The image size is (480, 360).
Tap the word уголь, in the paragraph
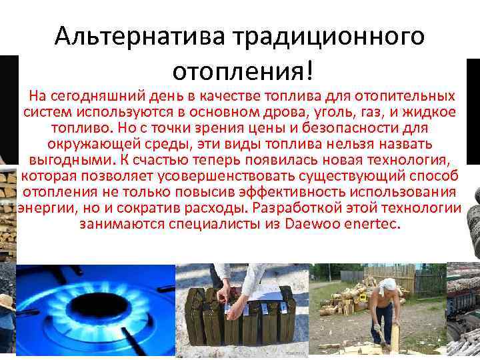[311, 113]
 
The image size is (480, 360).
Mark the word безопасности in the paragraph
[346, 129]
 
